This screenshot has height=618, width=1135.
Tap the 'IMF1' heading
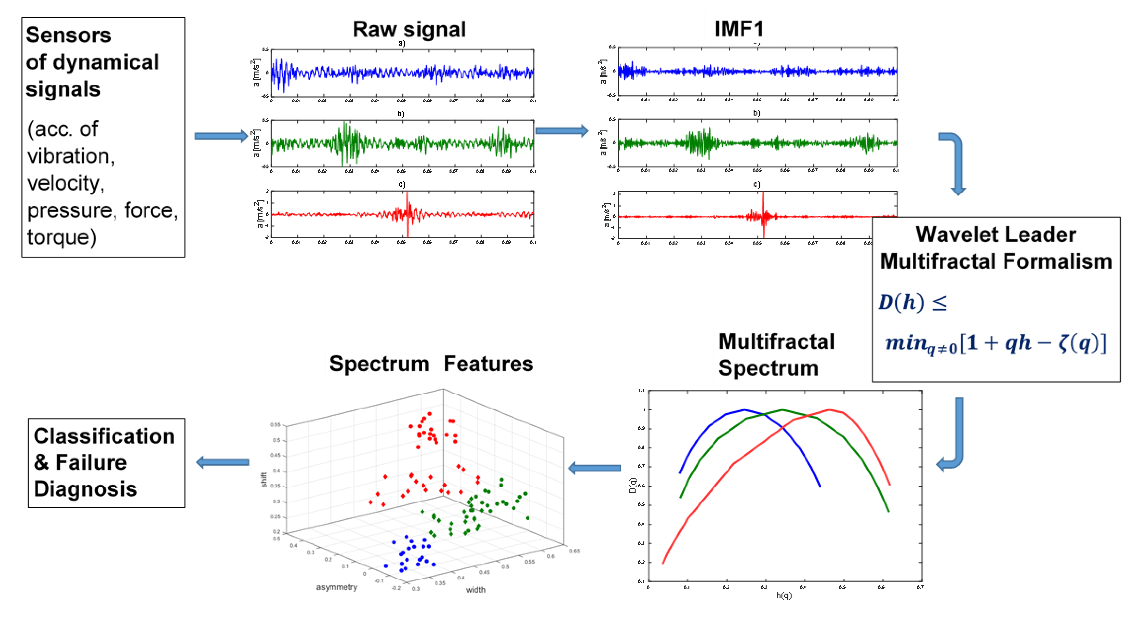pos(739,29)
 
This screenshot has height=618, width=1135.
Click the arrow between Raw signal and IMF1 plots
pos(562,131)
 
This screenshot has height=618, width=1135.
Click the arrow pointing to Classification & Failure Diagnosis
pos(222,462)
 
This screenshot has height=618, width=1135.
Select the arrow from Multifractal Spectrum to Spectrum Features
pos(595,468)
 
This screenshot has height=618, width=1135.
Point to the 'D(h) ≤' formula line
pos(912,302)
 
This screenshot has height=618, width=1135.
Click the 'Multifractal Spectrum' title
pos(775,354)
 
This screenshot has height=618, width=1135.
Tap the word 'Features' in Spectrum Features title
pos(488,364)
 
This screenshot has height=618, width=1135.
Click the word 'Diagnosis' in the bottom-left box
pos(85,489)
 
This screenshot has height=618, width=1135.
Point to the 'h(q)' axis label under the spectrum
pos(784,595)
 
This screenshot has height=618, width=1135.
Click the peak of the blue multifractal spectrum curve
pos(744,410)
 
